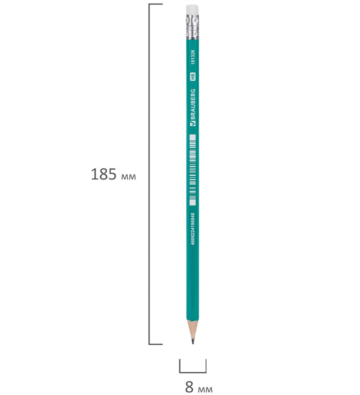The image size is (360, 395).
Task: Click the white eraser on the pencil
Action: coord(192,10)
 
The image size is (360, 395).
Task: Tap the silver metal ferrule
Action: coord(192,27)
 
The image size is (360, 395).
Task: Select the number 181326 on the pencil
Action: coord(193,57)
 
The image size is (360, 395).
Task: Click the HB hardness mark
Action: coord(193,77)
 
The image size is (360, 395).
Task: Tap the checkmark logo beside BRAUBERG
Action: coord(193,123)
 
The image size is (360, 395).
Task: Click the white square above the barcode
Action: coord(192,137)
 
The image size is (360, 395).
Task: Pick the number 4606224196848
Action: coord(193,229)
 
